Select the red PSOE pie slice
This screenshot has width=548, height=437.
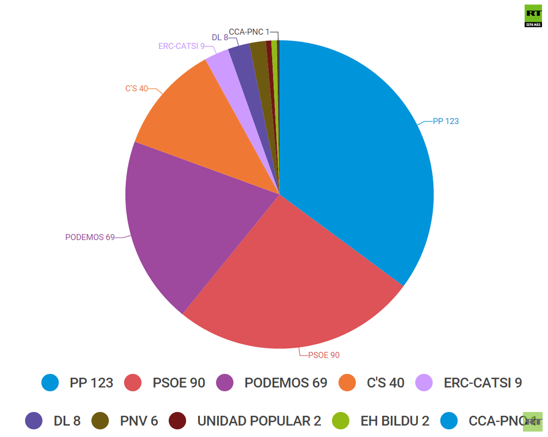click(x=288, y=283)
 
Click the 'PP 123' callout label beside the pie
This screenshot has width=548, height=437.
click(x=445, y=121)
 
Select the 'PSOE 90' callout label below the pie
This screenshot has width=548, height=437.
click(x=324, y=355)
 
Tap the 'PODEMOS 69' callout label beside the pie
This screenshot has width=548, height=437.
click(x=90, y=237)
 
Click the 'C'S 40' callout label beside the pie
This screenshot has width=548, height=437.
click(x=136, y=88)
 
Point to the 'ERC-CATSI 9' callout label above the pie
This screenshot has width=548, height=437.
click(x=181, y=46)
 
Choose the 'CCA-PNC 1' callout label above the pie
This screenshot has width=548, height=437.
click(x=249, y=32)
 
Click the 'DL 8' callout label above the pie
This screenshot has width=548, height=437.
click(x=220, y=38)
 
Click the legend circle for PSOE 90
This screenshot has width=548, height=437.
click(x=133, y=383)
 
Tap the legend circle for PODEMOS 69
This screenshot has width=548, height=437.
click(x=225, y=383)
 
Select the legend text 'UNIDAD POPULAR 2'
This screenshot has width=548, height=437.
click(x=259, y=421)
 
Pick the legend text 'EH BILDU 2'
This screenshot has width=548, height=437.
click(x=395, y=421)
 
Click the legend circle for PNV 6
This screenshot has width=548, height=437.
click(x=99, y=421)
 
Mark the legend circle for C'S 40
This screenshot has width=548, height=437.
click(x=347, y=383)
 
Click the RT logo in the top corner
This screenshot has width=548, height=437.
click(x=533, y=16)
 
